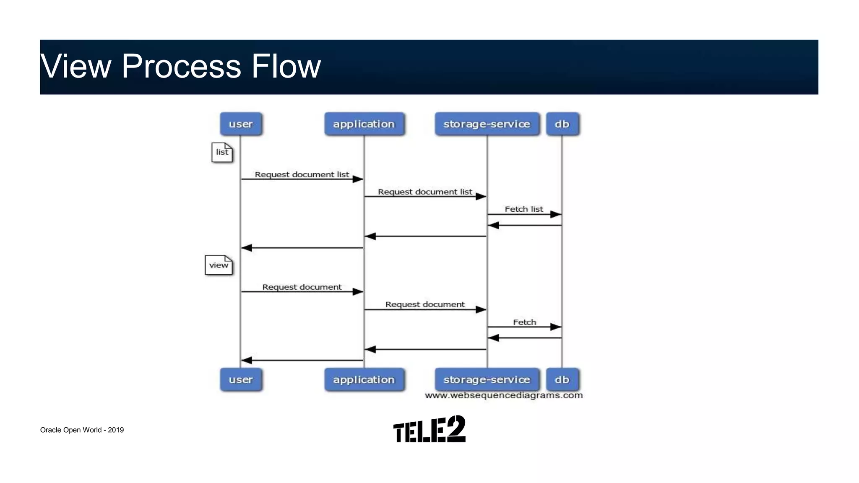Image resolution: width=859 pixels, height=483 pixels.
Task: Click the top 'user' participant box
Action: pos(241,124)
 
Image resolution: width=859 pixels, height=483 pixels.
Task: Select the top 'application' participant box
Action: pos(364,124)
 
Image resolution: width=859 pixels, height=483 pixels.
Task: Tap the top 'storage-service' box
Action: pos(487,124)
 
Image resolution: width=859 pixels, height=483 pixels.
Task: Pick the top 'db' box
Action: pos(562,124)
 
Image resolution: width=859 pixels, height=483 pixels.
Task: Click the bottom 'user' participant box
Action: pos(241,380)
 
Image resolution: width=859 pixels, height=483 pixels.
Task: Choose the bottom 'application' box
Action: pos(364,380)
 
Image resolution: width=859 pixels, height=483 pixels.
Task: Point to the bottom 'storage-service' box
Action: pos(487,380)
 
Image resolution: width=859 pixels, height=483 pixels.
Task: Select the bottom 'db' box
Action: pos(562,380)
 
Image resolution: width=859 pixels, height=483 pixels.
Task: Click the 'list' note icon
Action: pos(222,153)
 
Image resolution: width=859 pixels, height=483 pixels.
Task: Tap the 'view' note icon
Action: pos(219,265)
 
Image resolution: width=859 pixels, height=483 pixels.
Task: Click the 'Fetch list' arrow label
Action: pos(523,209)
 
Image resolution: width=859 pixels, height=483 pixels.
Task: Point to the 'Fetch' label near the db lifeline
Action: pos(524,322)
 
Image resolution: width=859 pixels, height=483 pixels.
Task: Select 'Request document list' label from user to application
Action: pos(302,174)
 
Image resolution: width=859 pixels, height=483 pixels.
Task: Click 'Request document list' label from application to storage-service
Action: pos(425,192)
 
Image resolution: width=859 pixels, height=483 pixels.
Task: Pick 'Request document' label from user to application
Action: pos(302,287)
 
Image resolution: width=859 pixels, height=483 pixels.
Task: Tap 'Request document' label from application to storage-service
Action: pos(425,304)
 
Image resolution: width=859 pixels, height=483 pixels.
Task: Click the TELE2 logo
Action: pos(429,429)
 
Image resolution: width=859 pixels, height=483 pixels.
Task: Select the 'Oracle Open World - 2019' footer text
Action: pos(82,430)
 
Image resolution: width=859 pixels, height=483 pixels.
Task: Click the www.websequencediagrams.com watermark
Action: pos(503,395)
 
